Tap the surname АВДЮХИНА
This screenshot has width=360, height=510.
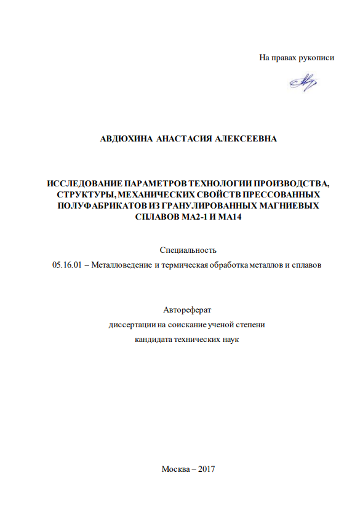pos(126,139)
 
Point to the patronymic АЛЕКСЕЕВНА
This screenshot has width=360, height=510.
pos(247,139)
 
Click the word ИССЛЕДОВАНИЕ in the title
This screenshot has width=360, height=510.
pos(84,183)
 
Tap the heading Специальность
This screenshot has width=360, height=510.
pos(188,250)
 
